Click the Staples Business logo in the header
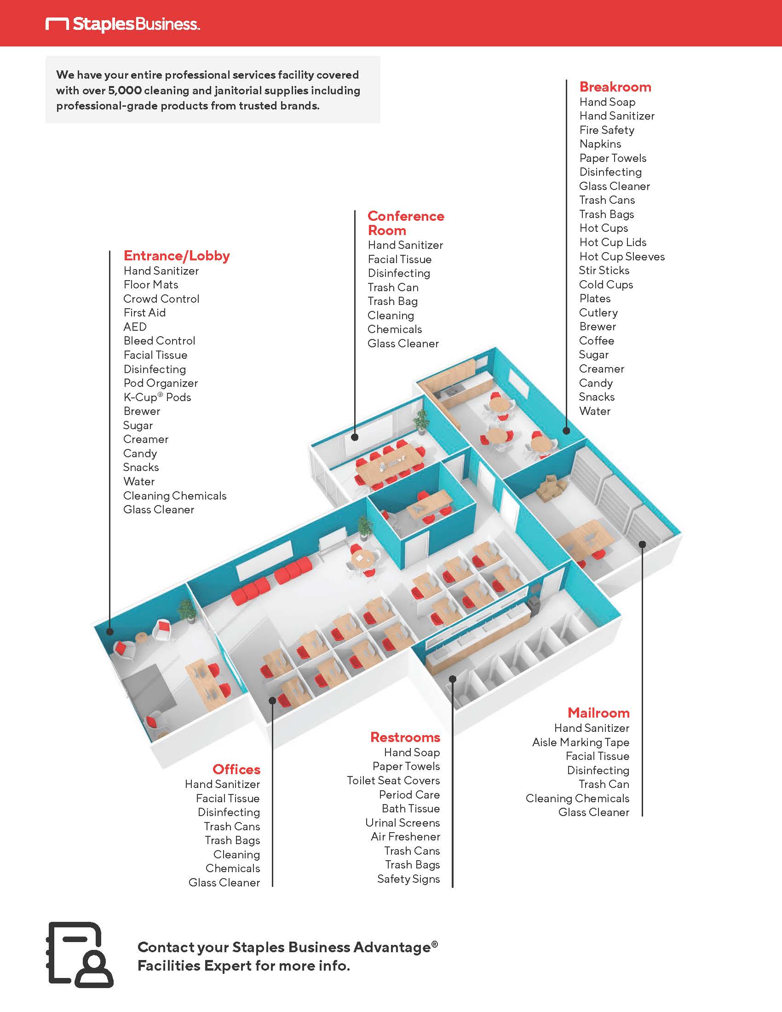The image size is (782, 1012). point(123,23)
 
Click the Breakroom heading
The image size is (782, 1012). point(615,86)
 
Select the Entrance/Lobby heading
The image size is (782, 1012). point(177,255)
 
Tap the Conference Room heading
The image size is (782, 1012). point(405,223)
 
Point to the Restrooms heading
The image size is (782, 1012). point(405,737)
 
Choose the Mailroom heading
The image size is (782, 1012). point(598,712)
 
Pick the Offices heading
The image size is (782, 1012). point(236,769)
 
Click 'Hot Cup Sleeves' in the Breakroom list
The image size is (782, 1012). point(622,256)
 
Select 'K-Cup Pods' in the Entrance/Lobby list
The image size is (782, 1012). point(157,397)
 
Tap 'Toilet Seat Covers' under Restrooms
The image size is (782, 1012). point(393,780)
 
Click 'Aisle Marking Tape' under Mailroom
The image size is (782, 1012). point(581,742)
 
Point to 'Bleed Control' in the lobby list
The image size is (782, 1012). point(159,340)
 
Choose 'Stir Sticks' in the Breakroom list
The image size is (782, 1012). point(604,270)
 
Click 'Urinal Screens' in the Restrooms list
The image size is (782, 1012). point(402,822)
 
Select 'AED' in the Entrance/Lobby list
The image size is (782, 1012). point(135,327)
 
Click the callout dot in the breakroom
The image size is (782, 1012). point(566,431)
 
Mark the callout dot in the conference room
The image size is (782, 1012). point(355,437)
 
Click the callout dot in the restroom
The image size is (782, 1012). point(453,679)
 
